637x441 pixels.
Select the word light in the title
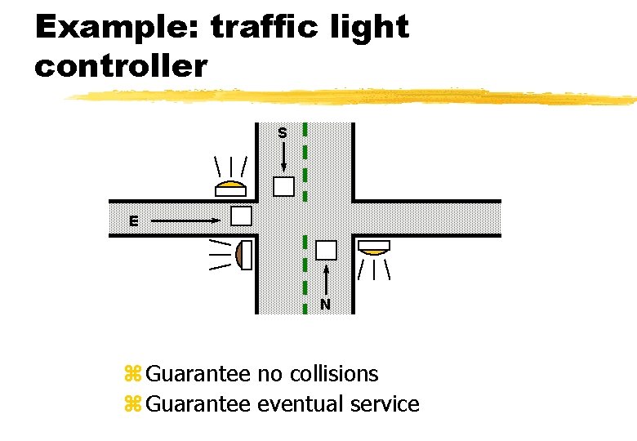tap(372, 27)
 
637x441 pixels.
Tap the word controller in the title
tap(121, 66)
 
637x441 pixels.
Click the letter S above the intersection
tap(282, 132)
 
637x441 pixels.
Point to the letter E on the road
tap(132, 220)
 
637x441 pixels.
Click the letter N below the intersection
tap(325, 305)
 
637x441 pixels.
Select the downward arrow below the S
tap(283, 156)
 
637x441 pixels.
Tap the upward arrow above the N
tap(326, 279)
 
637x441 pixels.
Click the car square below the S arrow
tap(283, 187)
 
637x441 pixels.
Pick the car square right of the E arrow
tap(241, 216)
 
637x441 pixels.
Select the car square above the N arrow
tap(326, 250)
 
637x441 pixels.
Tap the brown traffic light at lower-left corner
tap(243, 255)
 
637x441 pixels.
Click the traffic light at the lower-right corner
tap(374, 247)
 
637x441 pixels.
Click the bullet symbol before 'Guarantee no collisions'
tap(132, 375)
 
